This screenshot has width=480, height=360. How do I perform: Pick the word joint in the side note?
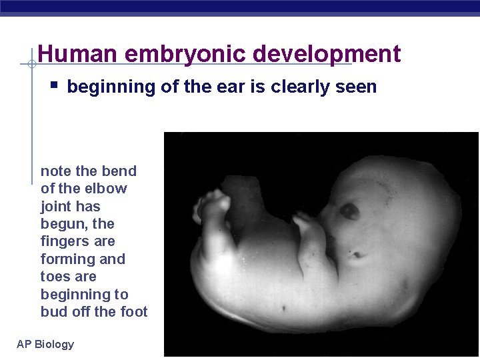click(x=56, y=206)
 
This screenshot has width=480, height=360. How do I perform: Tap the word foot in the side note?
click(x=133, y=311)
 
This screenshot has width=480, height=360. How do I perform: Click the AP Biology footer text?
click(x=45, y=344)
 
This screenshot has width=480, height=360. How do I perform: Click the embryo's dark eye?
click(x=349, y=211)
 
